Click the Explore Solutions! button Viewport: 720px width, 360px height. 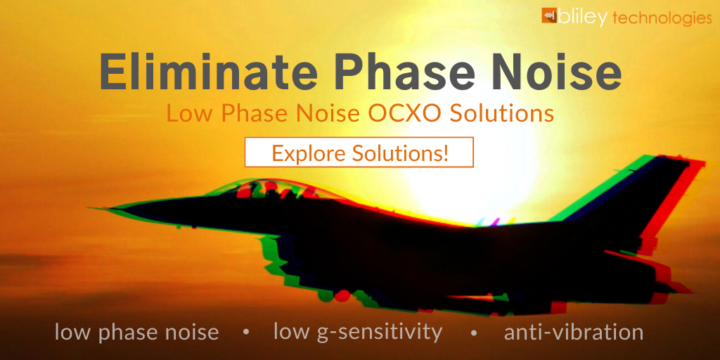(x=359, y=153)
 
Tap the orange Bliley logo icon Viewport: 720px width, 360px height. (x=549, y=16)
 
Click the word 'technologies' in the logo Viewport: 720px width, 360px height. (x=662, y=18)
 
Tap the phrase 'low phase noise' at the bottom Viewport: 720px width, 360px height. (x=136, y=332)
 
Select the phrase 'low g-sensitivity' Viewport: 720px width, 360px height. (x=358, y=332)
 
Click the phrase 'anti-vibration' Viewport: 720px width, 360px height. (x=574, y=332)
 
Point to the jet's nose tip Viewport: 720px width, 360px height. (x=91, y=208)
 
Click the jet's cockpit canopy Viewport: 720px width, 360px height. (x=260, y=188)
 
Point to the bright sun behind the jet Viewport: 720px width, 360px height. (x=450, y=176)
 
